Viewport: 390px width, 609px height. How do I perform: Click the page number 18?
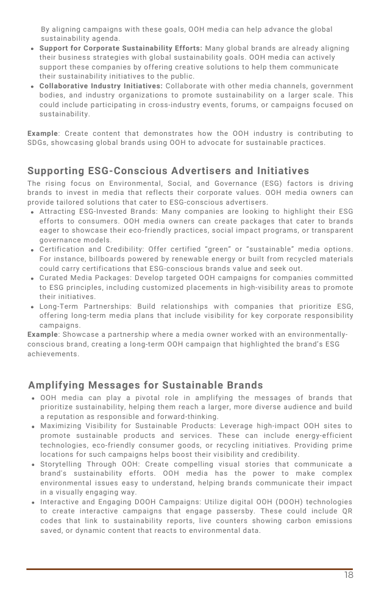347,575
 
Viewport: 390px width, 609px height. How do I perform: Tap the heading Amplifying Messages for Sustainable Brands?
146,385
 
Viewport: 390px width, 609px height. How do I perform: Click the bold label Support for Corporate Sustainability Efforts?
121,48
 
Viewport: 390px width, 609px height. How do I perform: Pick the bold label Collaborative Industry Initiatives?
101,86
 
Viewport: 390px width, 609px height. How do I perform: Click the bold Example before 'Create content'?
43,133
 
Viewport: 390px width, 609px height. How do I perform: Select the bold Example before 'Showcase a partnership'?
43,334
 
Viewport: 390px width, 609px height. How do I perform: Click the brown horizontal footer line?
189,569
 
